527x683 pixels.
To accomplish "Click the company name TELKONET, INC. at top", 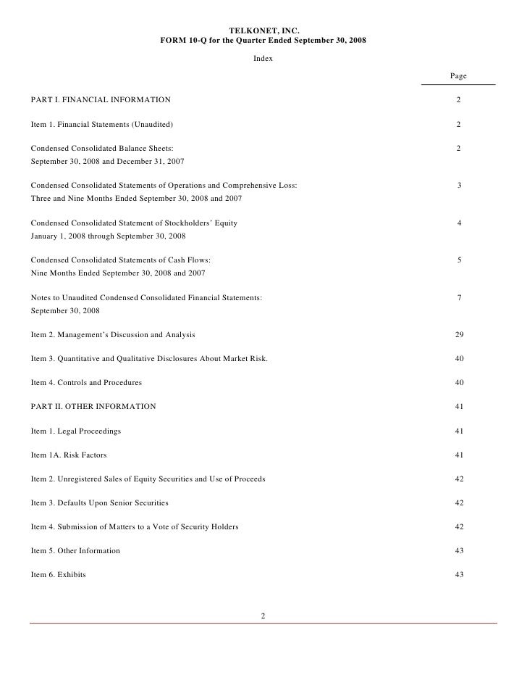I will pyautogui.click(x=263, y=30).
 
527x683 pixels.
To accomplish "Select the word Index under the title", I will pyautogui.click(x=263, y=58).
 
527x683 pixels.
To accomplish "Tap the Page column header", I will pyautogui.click(x=458, y=76).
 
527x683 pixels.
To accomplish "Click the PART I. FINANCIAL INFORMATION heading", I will pyautogui.click(x=101, y=99).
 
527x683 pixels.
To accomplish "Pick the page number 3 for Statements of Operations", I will pyautogui.click(x=459, y=186).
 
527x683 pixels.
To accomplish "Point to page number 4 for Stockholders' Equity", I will pyautogui.click(x=459, y=223).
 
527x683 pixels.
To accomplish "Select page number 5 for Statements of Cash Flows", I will pyautogui.click(x=459, y=260).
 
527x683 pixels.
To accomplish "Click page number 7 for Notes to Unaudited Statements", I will pyautogui.click(x=459, y=297).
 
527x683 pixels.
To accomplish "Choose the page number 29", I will pyautogui.click(x=459, y=335).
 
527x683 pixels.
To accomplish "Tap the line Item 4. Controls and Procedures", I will pyautogui.click(x=86, y=382).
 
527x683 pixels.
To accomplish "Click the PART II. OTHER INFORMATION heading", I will pyautogui.click(x=93, y=407).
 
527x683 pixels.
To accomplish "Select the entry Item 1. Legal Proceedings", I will pyautogui.click(x=75, y=431).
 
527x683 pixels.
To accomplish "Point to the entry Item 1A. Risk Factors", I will pyautogui.click(x=69, y=455).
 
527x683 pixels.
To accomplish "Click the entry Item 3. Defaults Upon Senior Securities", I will pyautogui.click(x=99, y=502).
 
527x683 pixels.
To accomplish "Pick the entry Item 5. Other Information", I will pyautogui.click(x=75, y=551).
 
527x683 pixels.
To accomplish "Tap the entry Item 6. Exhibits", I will pyautogui.click(x=58, y=575).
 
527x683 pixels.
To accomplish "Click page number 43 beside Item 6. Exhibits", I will pyautogui.click(x=459, y=575).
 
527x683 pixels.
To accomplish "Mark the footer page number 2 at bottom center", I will pyautogui.click(x=263, y=616).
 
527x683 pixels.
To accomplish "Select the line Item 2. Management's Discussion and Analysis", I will pyautogui.click(x=112, y=335).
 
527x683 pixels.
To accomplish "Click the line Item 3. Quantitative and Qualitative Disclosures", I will pyautogui.click(x=149, y=359).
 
